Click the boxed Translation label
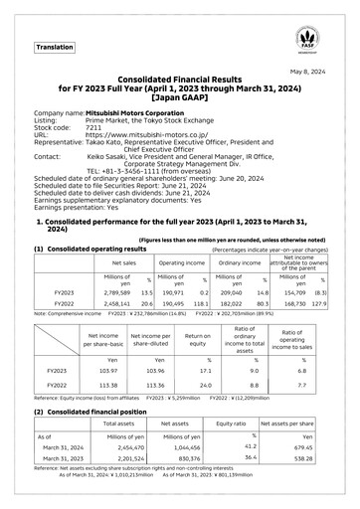[55, 47]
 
